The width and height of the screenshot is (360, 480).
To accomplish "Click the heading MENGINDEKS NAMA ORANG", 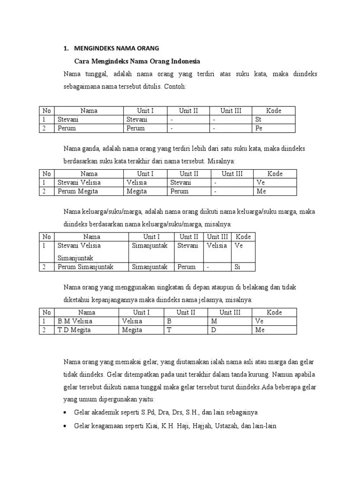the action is [x=117, y=48].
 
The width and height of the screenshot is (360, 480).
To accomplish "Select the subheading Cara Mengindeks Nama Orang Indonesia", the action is [x=137, y=61].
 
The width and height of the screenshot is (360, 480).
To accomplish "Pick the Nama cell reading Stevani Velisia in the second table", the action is [x=79, y=182].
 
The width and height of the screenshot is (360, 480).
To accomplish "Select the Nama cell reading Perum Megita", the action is [x=75, y=191].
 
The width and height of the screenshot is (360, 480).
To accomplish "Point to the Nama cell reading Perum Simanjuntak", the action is [x=85, y=267].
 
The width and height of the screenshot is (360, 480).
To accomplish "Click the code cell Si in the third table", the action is [x=238, y=267].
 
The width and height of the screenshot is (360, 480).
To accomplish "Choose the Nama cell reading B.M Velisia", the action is [x=75, y=321].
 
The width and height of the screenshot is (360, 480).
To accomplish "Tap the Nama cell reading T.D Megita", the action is [x=74, y=330].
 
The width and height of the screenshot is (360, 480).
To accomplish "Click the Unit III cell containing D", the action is [x=213, y=330].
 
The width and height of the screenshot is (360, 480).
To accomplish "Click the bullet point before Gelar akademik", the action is [x=64, y=412].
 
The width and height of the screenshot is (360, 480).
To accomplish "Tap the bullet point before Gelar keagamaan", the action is [x=64, y=426].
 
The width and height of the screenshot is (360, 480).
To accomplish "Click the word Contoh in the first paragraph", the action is [x=175, y=87].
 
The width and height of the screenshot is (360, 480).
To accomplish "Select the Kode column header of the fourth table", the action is [x=274, y=312].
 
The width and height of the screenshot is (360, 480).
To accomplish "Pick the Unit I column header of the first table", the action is [x=145, y=111].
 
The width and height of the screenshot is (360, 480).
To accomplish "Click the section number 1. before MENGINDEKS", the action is [x=66, y=48].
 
